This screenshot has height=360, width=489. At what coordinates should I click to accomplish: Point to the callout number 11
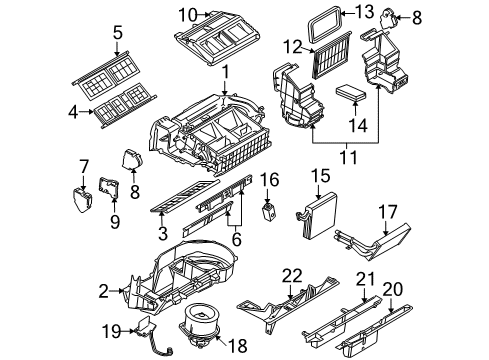(x=347, y=158)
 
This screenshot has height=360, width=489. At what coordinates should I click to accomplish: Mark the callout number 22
(x=291, y=273)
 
